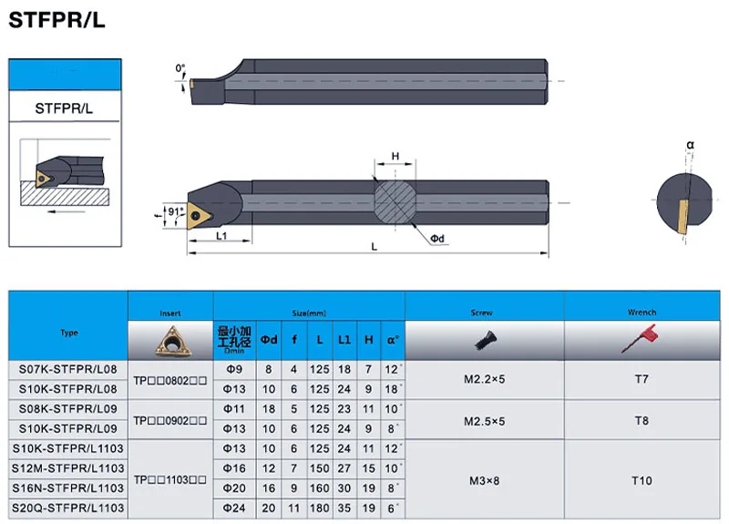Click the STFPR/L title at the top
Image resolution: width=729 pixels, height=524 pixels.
[56, 20]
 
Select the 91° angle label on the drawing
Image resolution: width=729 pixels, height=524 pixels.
[175, 211]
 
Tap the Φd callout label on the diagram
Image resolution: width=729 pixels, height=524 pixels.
[437, 239]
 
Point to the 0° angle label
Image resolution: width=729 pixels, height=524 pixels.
[180, 68]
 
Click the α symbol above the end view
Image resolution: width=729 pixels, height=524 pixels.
[691, 145]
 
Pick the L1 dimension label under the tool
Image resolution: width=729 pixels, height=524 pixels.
[221, 236]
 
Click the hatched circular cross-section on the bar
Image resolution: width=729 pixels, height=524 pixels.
[395, 202]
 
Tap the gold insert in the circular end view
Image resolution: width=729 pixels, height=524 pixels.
[683, 217]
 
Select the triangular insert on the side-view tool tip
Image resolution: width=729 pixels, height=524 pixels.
[199, 216]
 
